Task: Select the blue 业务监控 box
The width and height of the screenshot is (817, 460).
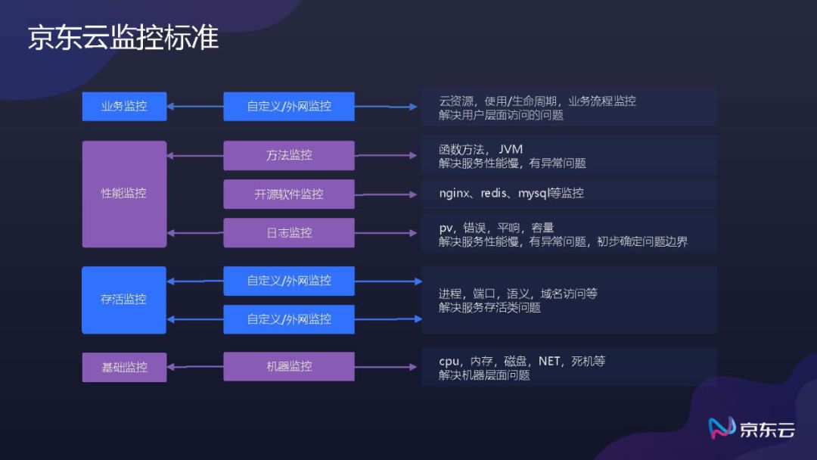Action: click(x=124, y=107)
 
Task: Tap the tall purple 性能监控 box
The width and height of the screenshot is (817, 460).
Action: click(x=124, y=194)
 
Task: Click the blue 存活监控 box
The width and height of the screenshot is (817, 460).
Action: click(x=124, y=300)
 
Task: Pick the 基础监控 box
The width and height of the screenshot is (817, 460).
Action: click(x=124, y=367)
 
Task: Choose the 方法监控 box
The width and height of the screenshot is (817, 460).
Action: click(x=289, y=155)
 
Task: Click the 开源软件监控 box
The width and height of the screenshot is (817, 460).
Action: click(x=289, y=194)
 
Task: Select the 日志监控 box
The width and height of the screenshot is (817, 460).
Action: click(x=289, y=233)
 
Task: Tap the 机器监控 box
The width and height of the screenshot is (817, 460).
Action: click(x=289, y=366)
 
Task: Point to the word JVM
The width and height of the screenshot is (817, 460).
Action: click(x=511, y=149)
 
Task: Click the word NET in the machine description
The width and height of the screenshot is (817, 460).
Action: click(x=549, y=361)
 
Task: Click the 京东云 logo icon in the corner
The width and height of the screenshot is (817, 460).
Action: click(x=722, y=428)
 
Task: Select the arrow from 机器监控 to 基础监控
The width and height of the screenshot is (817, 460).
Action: click(x=194, y=367)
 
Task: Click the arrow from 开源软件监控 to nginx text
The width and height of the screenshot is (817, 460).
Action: click(x=386, y=194)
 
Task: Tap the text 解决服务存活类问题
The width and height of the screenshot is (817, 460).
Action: click(x=489, y=308)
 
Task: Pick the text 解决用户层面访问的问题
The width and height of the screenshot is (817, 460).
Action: click(x=501, y=115)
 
